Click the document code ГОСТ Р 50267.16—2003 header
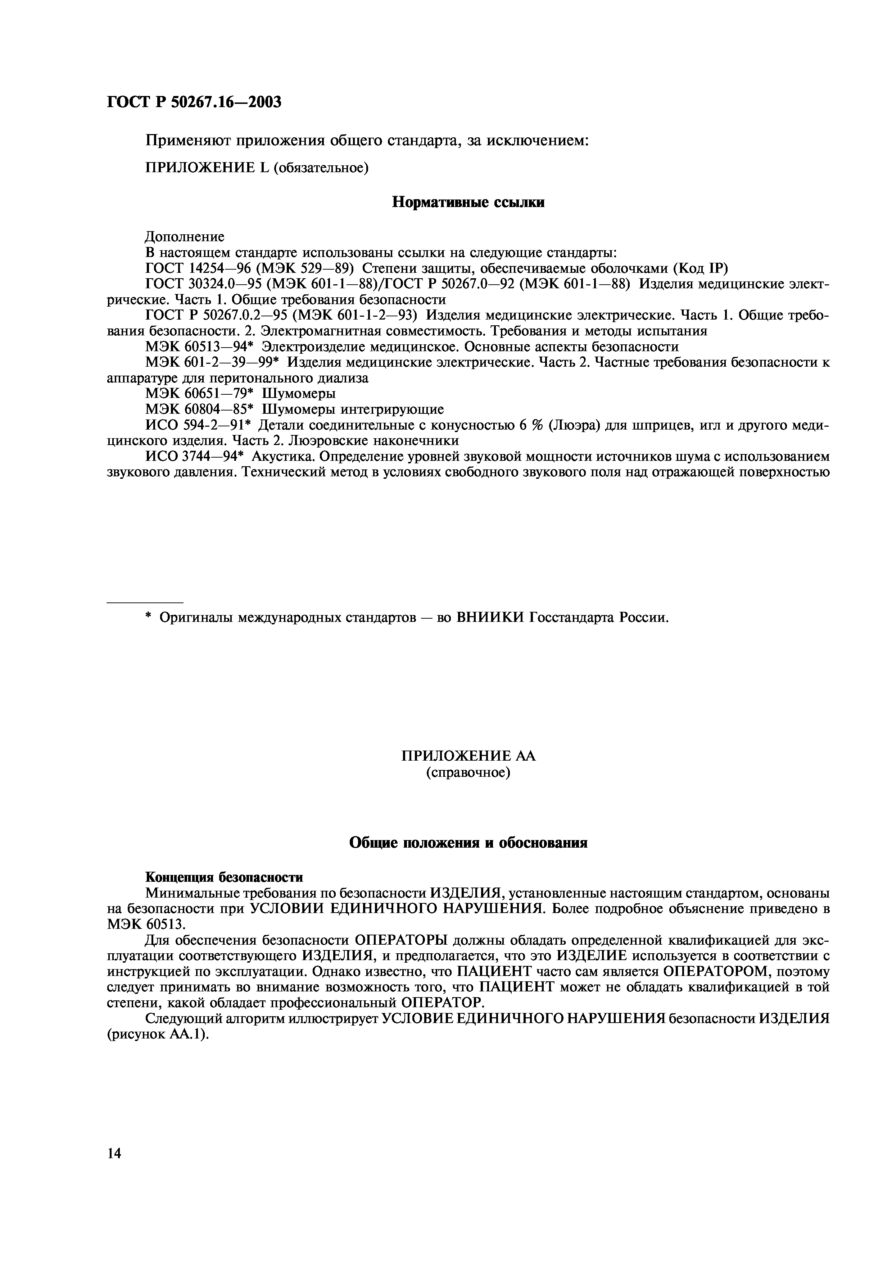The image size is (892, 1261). (x=194, y=102)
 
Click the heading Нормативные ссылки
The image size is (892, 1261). (x=468, y=203)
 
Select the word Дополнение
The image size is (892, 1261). (x=185, y=237)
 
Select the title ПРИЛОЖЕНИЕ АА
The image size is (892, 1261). (x=468, y=756)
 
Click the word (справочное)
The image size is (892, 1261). (x=468, y=773)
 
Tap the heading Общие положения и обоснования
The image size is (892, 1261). (x=468, y=843)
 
